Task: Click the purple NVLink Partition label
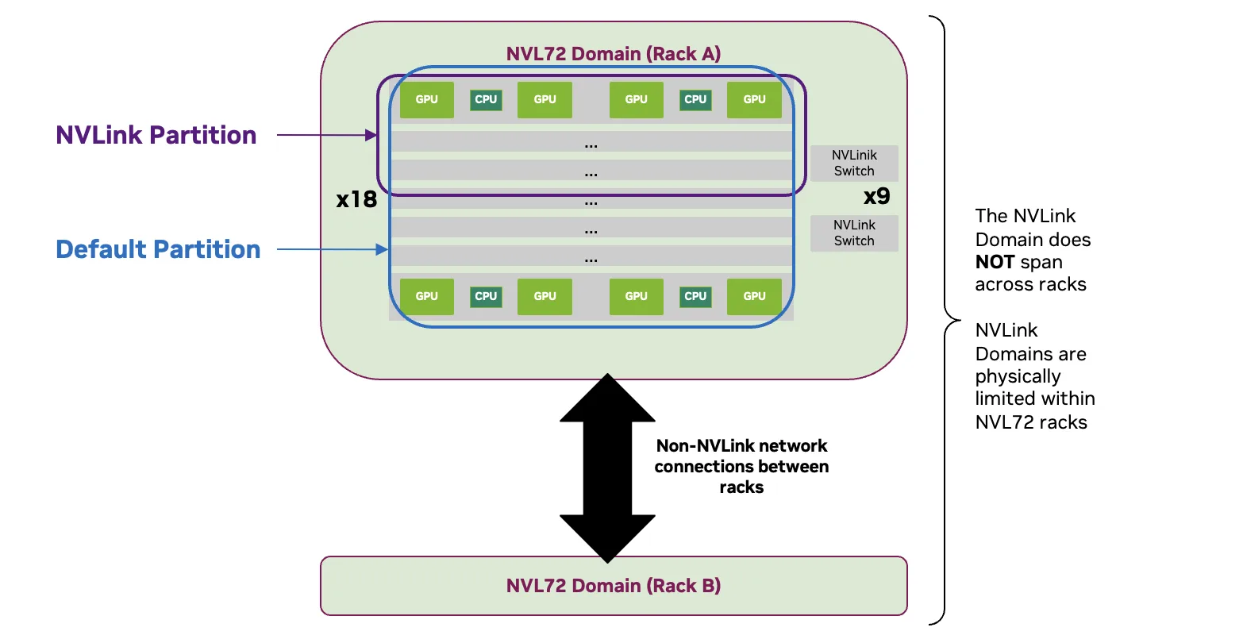[x=156, y=135]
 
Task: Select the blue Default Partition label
[x=158, y=249]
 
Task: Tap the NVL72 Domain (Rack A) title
[x=613, y=54]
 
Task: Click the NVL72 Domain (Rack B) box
[x=613, y=586]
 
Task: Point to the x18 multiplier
[x=356, y=199]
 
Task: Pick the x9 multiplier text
[x=876, y=196]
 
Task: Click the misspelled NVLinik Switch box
[x=854, y=164]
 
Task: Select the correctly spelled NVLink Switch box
[x=854, y=233]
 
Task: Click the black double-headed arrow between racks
[x=607, y=468]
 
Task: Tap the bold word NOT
[x=995, y=262]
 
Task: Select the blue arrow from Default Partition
[x=331, y=250]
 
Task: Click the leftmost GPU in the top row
[x=426, y=100]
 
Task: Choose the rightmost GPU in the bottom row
[x=754, y=297]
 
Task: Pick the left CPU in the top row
[x=486, y=100]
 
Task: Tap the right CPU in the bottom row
[x=695, y=297]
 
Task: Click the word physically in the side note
[x=1018, y=376]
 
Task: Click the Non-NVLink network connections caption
[x=741, y=467]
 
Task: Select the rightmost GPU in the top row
[x=754, y=100]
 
